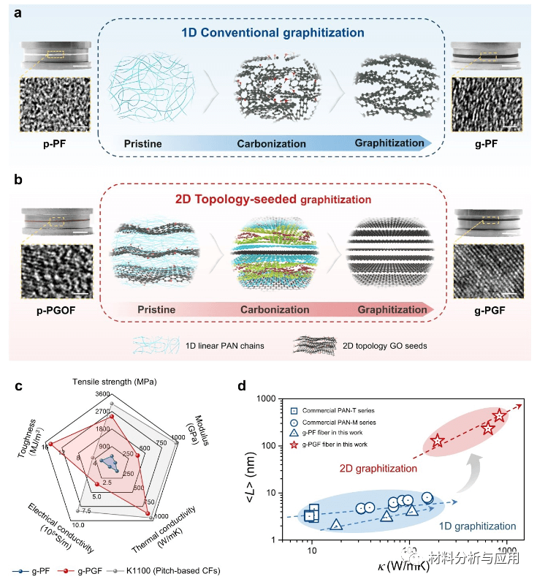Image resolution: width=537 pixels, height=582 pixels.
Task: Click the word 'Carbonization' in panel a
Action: (271, 143)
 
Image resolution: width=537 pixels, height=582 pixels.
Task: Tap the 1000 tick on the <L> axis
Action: (281, 399)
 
